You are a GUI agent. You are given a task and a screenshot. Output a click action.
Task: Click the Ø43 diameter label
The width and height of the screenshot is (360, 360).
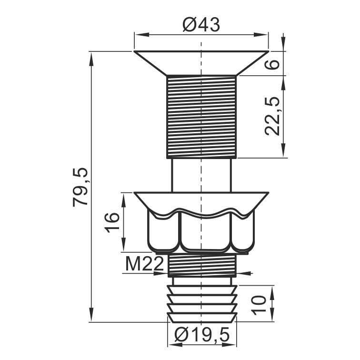pyautogui.click(x=201, y=25)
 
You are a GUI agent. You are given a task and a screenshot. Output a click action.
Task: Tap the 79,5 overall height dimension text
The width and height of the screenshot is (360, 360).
pyautogui.click(x=80, y=187)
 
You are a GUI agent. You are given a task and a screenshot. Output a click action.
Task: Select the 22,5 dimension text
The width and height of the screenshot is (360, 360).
pyautogui.click(x=272, y=116)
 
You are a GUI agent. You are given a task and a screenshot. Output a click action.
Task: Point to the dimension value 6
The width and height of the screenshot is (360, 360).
pyautogui.click(x=272, y=64)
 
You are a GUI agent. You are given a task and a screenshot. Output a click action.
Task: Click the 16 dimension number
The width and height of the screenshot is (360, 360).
pyautogui.click(x=112, y=222)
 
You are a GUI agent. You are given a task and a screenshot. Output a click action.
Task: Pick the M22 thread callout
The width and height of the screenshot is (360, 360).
pyautogui.click(x=144, y=264)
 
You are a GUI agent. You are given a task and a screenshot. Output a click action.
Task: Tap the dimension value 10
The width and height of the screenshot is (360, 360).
pyautogui.click(x=259, y=305)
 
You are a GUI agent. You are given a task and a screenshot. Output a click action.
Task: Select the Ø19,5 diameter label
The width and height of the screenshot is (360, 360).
pyautogui.click(x=202, y=335)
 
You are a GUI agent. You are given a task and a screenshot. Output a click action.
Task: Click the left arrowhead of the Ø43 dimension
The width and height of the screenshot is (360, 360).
pyautogui.click(x=141, y=35)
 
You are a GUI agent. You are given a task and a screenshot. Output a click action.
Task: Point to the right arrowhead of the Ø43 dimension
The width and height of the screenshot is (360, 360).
pyautogui.click(x=261, y=35)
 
